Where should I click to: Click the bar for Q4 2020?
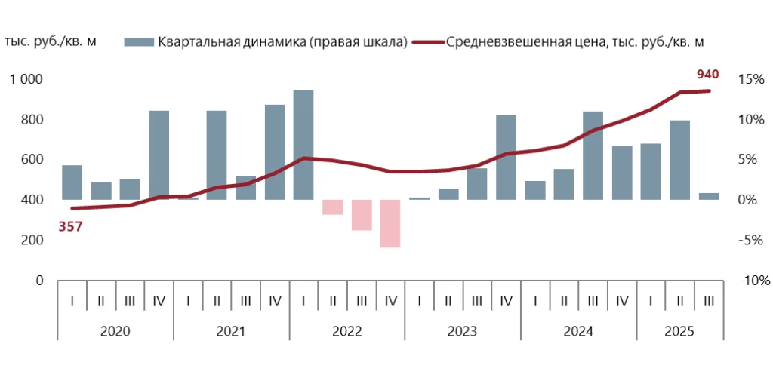[159, 155]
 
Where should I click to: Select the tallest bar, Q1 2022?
[303, 145]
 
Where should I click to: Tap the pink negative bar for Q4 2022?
[390, 223]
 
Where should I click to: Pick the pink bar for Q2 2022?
[332, 207]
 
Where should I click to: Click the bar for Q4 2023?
[506, 157]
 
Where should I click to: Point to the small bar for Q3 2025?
[709, 196]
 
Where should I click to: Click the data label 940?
[707, 74]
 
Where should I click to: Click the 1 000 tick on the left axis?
[26, 79]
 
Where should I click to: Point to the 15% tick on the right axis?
[754, 79]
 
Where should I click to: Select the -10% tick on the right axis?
[752, 281]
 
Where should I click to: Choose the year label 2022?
[346, 330]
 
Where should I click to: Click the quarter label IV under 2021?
[275, 301]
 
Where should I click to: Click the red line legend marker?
[427, 41]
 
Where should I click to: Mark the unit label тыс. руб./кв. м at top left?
[51, 41]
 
